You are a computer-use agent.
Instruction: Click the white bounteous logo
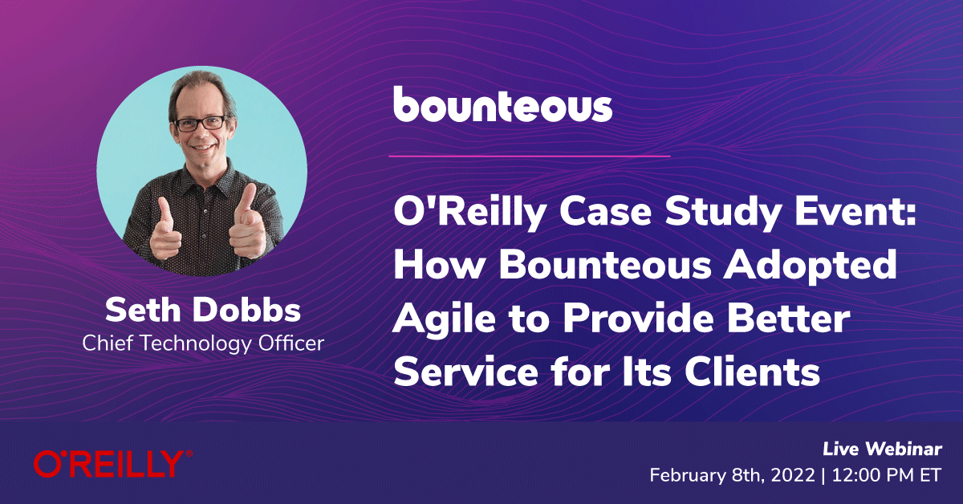[x=502, y=104]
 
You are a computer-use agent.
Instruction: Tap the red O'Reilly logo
[x=113, y=464]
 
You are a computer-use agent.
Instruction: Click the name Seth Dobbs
[x=203, y=310]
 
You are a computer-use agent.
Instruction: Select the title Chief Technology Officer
[x=203, y=343]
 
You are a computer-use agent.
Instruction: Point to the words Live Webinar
[x=882, y=449]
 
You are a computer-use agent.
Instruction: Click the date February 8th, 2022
[x=732, y=475]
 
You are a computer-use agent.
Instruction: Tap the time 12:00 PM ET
[x=887, y=475]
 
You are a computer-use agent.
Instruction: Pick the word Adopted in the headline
[x=810, y=266]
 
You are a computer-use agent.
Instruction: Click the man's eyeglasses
[x=201, y=124]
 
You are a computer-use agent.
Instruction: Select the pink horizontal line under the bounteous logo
[x=529, y=156]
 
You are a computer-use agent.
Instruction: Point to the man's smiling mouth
[x=203, y=148]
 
